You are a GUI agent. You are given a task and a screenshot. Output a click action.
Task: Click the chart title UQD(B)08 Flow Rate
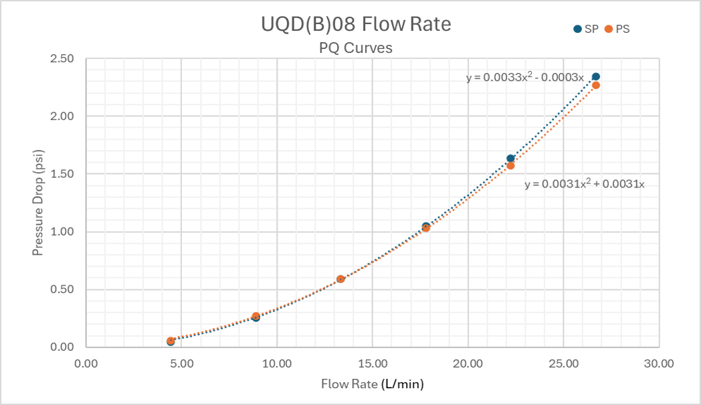tap(356, 25)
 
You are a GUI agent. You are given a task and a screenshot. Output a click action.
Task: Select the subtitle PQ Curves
tap(355, 48)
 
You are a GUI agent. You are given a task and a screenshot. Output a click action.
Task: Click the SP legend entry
tap(586, 29)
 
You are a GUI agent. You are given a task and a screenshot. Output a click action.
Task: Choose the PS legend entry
tap(617, 29)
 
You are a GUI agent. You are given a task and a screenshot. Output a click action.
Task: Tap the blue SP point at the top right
tap(596, 77)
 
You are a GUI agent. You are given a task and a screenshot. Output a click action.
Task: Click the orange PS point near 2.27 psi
tap(596, 86)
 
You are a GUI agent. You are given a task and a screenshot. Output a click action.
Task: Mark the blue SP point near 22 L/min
tap(510, 159)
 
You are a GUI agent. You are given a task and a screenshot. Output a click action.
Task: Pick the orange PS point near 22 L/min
tap(510, 165)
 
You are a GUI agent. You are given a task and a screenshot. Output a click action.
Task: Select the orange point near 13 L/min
tap(340, 278)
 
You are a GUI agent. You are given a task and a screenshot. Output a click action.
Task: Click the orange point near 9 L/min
tap(256, 316)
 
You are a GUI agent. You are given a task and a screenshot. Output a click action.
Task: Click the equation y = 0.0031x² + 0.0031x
tap(584, 184)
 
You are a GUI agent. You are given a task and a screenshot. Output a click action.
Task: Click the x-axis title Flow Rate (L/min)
tap(373, 384)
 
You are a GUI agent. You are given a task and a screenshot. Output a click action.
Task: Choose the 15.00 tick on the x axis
tap(373, 363)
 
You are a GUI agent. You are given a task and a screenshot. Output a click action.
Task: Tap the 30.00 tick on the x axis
tap(659, 363)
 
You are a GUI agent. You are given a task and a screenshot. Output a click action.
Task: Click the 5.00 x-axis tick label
tap(182, 363)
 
